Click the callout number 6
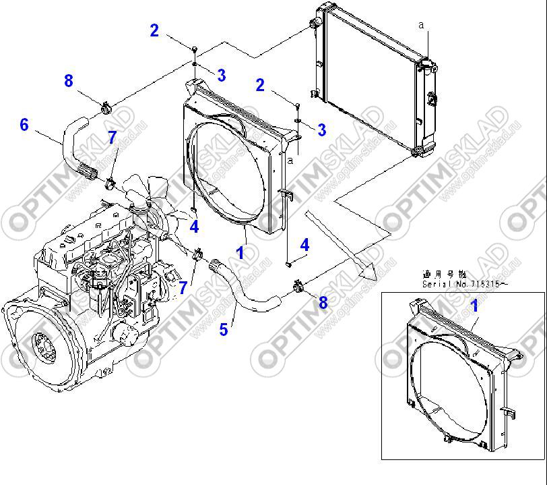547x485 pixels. pos(24,125)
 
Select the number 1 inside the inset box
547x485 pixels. pos(474,306)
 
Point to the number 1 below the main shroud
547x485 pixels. pos(240,253)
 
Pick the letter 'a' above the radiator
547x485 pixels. pos(421,25)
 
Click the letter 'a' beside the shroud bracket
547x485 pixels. pos(290,161)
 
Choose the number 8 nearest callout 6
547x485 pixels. pos(68,81)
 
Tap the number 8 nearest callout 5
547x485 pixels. pos(323,303)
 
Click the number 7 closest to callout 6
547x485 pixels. pos(112,138)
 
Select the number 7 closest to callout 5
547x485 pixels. pos(182,288)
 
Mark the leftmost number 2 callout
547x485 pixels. pos(154,30)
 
